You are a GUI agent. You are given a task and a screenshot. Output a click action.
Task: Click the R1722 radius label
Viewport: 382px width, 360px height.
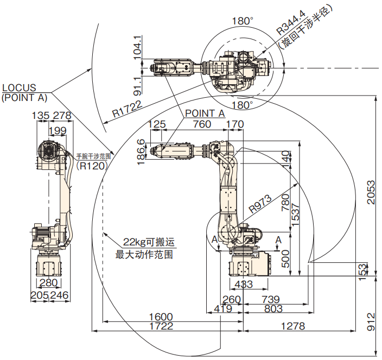coord(127,109)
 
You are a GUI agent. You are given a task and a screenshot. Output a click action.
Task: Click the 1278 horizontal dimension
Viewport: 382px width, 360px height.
coord(293,326)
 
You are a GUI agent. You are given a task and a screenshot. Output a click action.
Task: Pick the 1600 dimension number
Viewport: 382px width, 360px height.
coord(161,317)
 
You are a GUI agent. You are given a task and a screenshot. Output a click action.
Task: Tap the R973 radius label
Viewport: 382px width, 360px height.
coord(260,204)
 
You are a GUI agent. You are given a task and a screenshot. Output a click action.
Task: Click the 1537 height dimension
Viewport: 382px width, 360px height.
coord(295,214)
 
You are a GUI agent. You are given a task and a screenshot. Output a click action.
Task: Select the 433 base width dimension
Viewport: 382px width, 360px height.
coord(244,284)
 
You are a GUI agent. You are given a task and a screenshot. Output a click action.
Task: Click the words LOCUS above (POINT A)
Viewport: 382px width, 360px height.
coord(19,87)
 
